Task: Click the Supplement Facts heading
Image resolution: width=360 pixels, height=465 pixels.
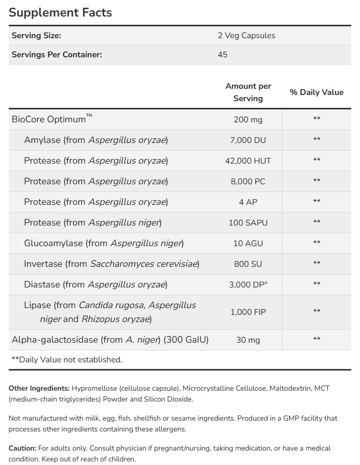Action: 60,12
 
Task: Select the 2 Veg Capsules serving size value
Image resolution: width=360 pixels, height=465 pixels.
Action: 246,36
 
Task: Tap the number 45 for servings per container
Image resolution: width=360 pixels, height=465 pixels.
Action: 223,54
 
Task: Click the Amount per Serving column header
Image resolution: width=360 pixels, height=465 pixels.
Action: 248,92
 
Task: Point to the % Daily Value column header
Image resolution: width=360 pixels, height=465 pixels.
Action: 317,92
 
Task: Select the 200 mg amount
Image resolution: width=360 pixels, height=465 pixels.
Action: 248,120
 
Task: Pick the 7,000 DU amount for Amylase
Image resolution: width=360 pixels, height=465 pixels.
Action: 248,140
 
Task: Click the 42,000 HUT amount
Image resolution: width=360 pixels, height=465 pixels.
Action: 248,161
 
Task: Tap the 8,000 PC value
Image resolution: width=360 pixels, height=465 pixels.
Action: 248,181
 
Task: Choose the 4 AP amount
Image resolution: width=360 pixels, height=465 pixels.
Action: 248,202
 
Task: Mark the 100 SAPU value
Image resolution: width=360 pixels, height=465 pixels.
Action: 248,222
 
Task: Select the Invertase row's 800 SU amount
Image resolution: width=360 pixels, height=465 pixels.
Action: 248,264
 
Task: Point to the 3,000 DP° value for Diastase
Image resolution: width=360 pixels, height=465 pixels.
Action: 248,284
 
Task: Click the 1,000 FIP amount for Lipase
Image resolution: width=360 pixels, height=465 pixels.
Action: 248,312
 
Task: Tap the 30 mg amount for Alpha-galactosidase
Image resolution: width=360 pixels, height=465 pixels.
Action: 248,340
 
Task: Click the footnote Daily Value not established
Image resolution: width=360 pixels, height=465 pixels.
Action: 67,360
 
